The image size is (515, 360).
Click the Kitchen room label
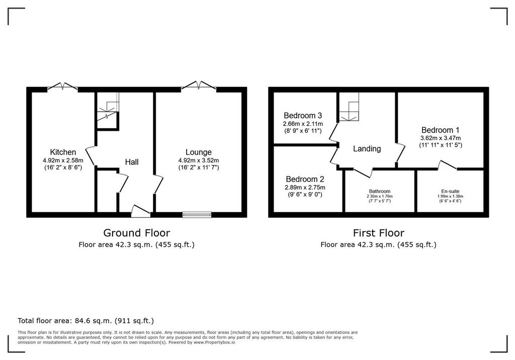tap(63, 152)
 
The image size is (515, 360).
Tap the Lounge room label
tap(198, 152)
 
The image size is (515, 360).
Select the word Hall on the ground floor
tap(132, 162)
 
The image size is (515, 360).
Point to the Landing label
tap(367, 149)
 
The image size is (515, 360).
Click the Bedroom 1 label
tap(441, 130)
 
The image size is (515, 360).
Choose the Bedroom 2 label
tap(305, 179)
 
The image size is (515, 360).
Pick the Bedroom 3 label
tap(303, 116)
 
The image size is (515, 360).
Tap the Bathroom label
tap(380, 191)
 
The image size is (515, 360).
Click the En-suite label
tap(450, 191)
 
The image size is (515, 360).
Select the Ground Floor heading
tap(137, 233)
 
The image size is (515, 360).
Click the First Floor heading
tap(379, 233)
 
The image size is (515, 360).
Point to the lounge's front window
tap(197, 215)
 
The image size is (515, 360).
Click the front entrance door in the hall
tap(141, 211)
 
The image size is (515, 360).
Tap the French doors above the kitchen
tap(63, 86)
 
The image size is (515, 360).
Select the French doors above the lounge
tap(199, 85)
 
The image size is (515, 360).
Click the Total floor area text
tap(85, 321)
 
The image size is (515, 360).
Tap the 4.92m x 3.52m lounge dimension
tap(198, 160)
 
